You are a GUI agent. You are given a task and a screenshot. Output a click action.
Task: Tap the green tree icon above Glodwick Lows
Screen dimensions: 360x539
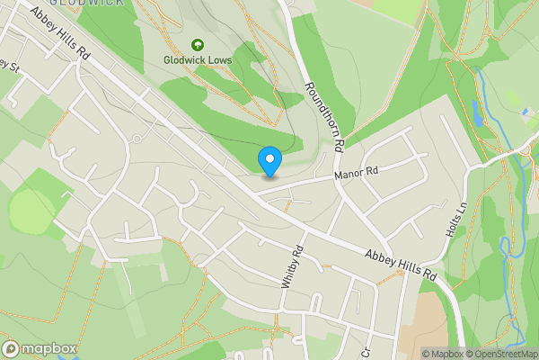[x=198, y=43]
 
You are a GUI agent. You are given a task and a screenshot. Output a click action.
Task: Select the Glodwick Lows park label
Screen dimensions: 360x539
[x=198, y=60]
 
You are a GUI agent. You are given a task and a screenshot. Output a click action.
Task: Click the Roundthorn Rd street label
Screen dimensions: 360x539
[x=324, y=116]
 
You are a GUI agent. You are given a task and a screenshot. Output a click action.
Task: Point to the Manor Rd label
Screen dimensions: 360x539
[x=358, y=170]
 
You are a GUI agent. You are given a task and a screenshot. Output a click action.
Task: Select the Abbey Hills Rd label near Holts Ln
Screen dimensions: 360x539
[x=401, y=265]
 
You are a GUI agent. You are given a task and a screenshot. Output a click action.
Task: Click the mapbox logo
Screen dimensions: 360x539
[x=40, y=348]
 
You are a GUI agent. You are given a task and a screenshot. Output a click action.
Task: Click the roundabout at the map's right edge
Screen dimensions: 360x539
[x=524, y=151]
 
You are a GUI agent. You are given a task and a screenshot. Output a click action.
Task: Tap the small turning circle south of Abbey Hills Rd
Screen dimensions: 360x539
[x=136, y=139]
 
